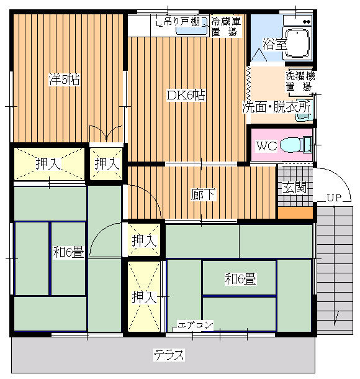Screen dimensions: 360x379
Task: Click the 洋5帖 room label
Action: pos(65,80)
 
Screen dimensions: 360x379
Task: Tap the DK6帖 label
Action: pos(186,95)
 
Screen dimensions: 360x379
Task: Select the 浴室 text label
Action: pos(275,44)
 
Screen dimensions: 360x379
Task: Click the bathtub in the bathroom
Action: pos(297,43)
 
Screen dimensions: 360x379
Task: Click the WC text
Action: pos(266,146)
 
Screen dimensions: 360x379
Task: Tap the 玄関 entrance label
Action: pos(295,187)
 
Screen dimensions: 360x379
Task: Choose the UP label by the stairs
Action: pos(334,198)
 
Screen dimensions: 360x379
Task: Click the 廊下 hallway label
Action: pos(203,195)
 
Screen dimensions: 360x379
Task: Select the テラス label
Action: pos(169,355)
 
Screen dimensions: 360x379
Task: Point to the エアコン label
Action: pos(196,325)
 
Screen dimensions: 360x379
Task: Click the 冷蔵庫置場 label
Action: pos(226,27)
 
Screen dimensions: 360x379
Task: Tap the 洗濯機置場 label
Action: pos(300,81)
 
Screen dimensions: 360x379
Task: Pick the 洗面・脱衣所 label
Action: pos(276,107)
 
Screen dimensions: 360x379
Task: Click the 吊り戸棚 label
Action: pos(182,22)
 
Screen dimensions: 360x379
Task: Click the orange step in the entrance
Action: pos(295,212)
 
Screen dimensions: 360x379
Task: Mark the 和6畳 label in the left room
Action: pos(68,252)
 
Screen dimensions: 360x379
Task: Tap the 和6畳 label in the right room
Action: pos(240,279)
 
